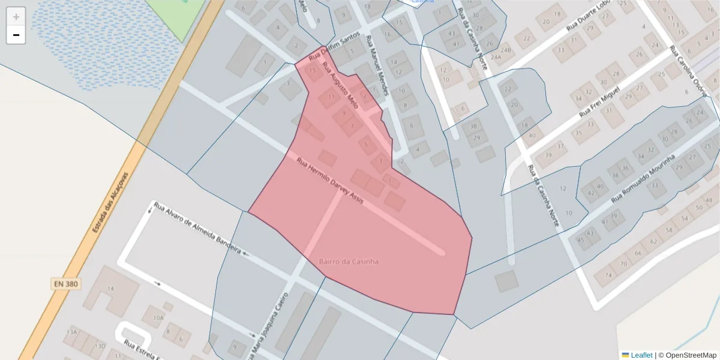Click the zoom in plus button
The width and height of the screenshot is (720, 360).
(x=16, y=16)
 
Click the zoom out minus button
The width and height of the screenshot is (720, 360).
(x=16, y=35)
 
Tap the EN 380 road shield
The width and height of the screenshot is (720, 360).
(x=65, y=283)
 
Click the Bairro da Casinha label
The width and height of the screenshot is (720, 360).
(x=349, y=262)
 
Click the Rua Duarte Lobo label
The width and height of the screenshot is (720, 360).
(x=591, y=22)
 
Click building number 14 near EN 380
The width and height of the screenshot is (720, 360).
(x=110, y=289)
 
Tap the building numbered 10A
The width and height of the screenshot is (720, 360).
(x=158, y=317)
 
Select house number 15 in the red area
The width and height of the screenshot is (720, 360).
(x=312, y=70)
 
